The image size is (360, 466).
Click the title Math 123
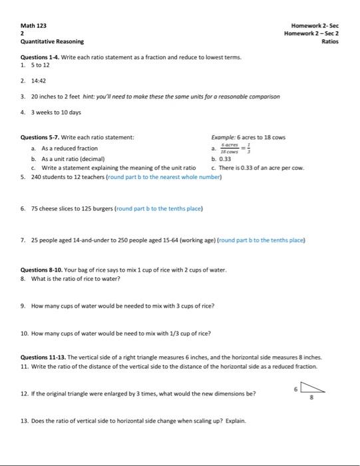click(33, 25)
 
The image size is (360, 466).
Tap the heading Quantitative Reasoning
click(47, 41)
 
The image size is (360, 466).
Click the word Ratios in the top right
click(330, 41)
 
